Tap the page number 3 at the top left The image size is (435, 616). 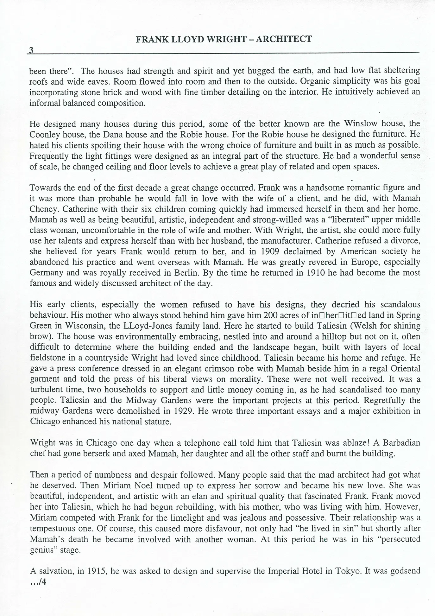pos(31,50)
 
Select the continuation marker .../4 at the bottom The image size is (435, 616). pos(38,582)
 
